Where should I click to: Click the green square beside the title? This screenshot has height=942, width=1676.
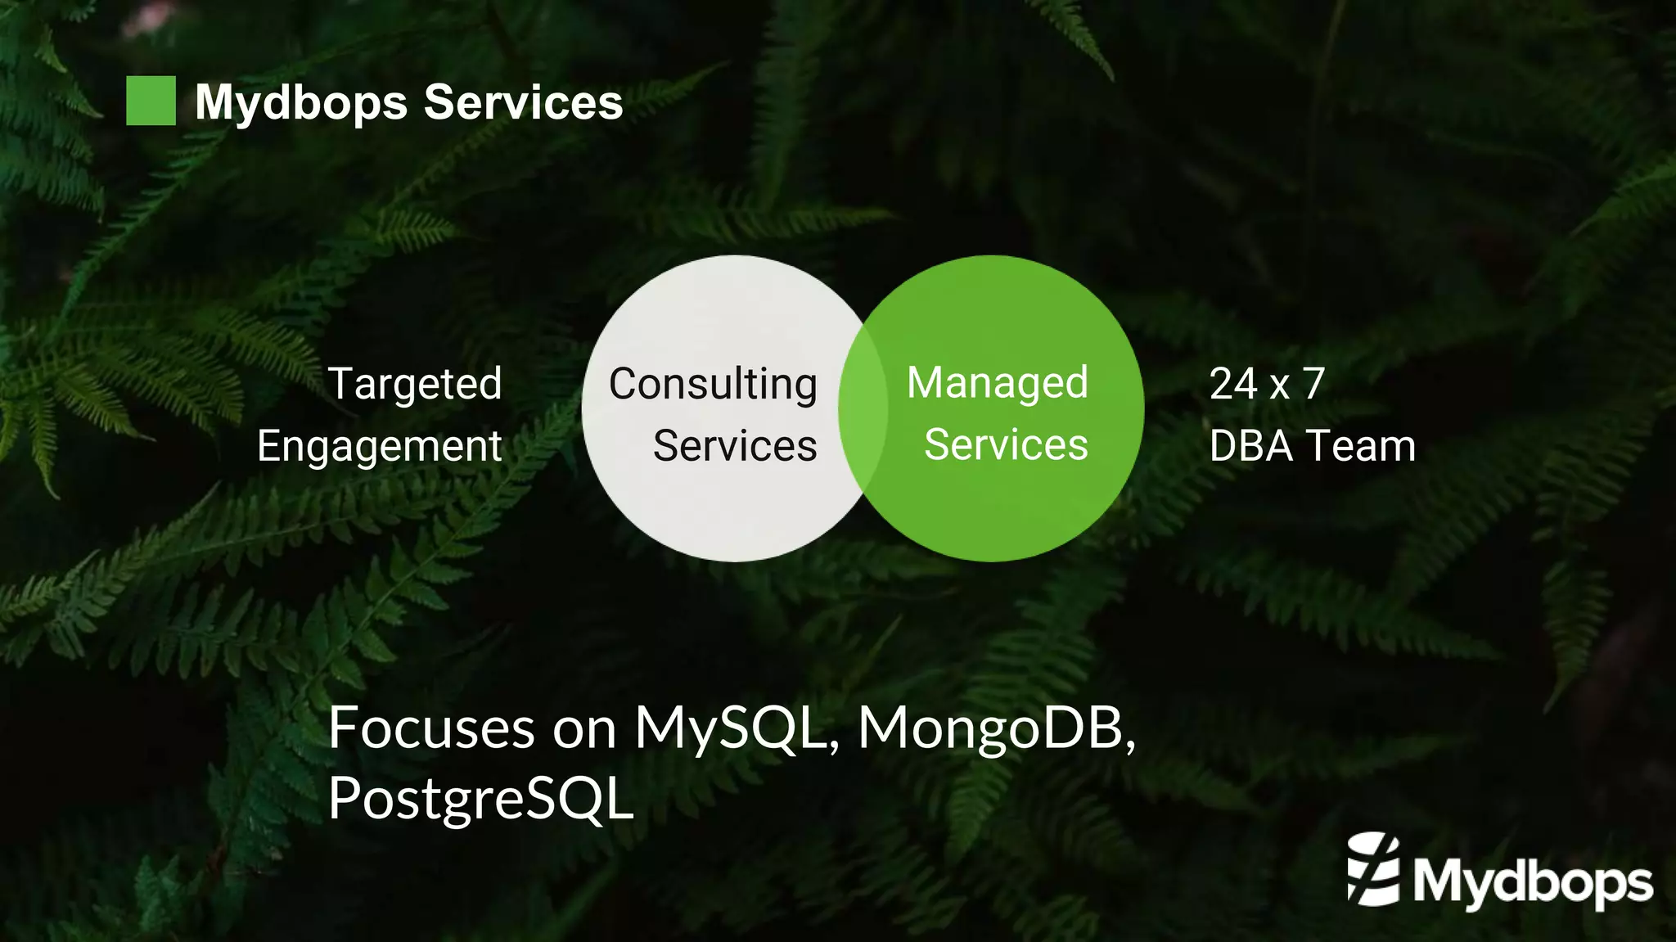click(x=151, y=101)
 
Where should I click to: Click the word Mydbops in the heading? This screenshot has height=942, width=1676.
click(x=300, y=103)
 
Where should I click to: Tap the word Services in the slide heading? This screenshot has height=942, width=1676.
click(x=523, y=102)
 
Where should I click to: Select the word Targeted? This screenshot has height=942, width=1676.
click(x=414, y=384)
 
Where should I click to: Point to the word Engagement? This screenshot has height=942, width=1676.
click(x=379, y=447)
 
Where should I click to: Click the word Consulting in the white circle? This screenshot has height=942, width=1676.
click(x=713, y=384)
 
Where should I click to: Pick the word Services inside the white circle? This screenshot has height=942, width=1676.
click(x=734, y=446)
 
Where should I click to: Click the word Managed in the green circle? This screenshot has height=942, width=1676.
click(x=997, y=383)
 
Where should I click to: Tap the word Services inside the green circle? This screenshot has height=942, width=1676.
click(x=1005, y=445)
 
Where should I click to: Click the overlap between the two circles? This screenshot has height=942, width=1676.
click(x=863, y=408)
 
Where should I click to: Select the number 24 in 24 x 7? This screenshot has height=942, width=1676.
click(x=1232, y=383)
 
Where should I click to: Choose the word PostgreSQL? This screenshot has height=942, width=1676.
click(x=480, y=798)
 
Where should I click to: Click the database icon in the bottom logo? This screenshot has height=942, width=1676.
click(x=1373, y=869)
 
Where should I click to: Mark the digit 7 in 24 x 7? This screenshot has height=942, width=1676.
click(x=1313, y=383)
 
